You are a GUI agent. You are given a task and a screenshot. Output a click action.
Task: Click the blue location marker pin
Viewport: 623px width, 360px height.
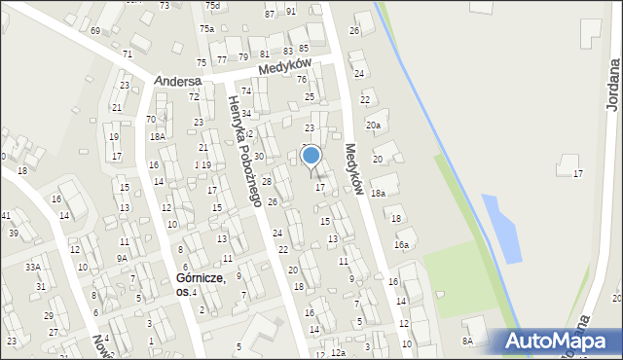pos(311,157)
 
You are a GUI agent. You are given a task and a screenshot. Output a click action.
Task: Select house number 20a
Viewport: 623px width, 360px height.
pos(374,126)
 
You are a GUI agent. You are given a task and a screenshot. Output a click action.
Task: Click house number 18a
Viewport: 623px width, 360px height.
pos(378,194)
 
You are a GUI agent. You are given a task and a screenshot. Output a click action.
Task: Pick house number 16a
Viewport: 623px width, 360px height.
pos(401,246)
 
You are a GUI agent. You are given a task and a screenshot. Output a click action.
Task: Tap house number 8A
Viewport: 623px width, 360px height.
pos(467,341)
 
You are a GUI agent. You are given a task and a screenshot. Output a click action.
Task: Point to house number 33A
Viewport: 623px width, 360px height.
pos(33,267)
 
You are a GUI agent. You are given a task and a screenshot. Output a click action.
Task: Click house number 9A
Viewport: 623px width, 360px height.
pos(122,258)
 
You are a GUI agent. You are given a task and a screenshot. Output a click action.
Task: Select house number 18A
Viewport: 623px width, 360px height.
pos(156,137)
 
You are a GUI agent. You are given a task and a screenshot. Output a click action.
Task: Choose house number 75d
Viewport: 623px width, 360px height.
pos(212,6)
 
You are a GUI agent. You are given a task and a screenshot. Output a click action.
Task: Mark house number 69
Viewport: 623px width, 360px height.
pos(95,31)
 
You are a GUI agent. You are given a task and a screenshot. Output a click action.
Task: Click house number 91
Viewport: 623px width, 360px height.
pos(291,11)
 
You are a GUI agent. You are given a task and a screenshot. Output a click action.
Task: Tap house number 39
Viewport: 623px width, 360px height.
pos(14,234)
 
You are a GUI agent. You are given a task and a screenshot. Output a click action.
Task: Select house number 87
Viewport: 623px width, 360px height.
pos(270,15)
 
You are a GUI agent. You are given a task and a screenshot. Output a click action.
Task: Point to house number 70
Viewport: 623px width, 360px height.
pos(151,120)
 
